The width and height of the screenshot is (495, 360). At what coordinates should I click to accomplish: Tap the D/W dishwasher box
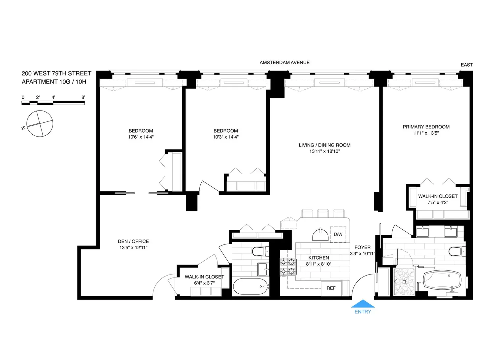338,235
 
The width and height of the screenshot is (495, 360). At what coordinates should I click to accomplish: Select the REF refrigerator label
331,288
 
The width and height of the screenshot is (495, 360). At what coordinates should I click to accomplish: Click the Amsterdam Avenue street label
284,63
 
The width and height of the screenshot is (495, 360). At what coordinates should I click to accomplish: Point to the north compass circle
40,123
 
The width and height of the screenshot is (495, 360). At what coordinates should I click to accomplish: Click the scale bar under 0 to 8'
53,103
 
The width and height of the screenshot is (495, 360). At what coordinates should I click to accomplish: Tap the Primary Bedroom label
426,127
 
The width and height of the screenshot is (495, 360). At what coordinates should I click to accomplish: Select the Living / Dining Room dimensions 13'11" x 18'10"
325,151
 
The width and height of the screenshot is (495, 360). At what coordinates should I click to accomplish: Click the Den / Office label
133,241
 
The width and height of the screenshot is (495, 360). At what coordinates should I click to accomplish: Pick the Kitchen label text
319,258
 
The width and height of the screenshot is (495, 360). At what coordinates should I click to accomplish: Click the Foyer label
362,247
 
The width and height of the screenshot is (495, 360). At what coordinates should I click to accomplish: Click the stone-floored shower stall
404,282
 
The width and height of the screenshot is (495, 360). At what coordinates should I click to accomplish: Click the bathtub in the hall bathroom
250,286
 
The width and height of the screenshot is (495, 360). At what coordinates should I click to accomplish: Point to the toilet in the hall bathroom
260,251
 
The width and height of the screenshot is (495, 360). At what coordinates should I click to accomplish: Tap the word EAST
467,65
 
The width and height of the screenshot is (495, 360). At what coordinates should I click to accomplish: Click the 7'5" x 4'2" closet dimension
438,202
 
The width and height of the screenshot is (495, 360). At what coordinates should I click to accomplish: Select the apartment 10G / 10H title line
54,82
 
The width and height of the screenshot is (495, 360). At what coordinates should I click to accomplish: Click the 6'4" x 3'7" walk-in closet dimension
204,283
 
